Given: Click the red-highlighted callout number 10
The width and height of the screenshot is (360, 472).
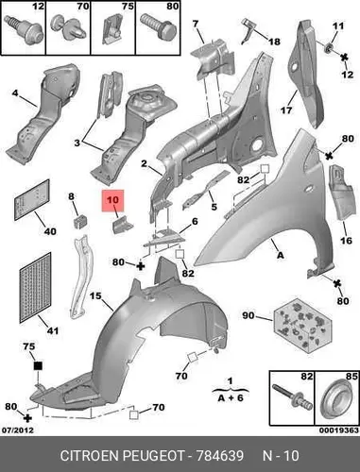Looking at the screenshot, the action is [112, 200].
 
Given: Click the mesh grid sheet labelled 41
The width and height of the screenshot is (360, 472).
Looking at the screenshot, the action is [35, 288].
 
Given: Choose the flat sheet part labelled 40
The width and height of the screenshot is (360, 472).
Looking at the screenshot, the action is [32, 200].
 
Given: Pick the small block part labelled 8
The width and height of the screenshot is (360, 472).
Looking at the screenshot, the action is [80, 222].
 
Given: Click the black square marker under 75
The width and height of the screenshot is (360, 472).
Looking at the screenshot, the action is [38, 365].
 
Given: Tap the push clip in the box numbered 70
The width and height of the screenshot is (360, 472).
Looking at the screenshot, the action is [68, 27].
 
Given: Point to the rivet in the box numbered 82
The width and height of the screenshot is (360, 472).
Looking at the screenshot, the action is [292, 396].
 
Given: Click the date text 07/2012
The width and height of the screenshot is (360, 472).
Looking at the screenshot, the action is [18, 430].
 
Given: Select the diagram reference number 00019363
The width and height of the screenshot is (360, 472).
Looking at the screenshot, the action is [339, 430].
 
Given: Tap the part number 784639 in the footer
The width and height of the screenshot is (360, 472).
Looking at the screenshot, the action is [220, 456].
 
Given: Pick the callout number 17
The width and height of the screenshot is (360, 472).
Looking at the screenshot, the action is [286, 110].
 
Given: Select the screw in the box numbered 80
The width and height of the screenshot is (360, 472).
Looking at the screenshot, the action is [158, 26].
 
